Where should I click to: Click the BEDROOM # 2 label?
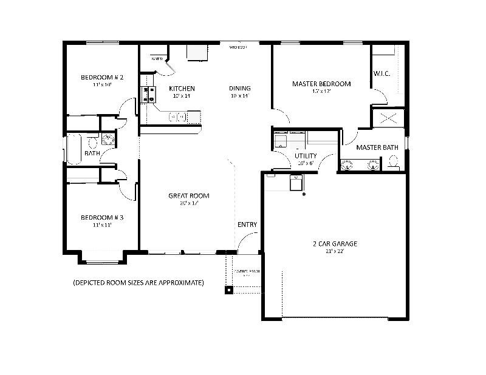point(102,77)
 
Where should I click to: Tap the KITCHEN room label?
point(182,89)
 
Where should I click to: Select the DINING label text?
point(239,89)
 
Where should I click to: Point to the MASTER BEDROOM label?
point(321,84)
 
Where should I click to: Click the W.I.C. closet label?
point(382,73)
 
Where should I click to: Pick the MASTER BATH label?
point(377,147)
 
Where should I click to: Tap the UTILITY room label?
point(306,156)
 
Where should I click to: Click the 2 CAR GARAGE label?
point(335,244)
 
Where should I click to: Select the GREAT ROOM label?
point(189,195)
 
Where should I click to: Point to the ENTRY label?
point(247,225)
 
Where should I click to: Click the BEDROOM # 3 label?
point(102,217)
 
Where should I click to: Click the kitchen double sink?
point(177,117)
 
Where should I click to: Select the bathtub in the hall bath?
point(74,149)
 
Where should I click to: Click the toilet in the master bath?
point(393,162)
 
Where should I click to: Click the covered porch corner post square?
point(228,290)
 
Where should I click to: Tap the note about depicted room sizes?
point(138,283)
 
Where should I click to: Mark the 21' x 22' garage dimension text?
point(334,251)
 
